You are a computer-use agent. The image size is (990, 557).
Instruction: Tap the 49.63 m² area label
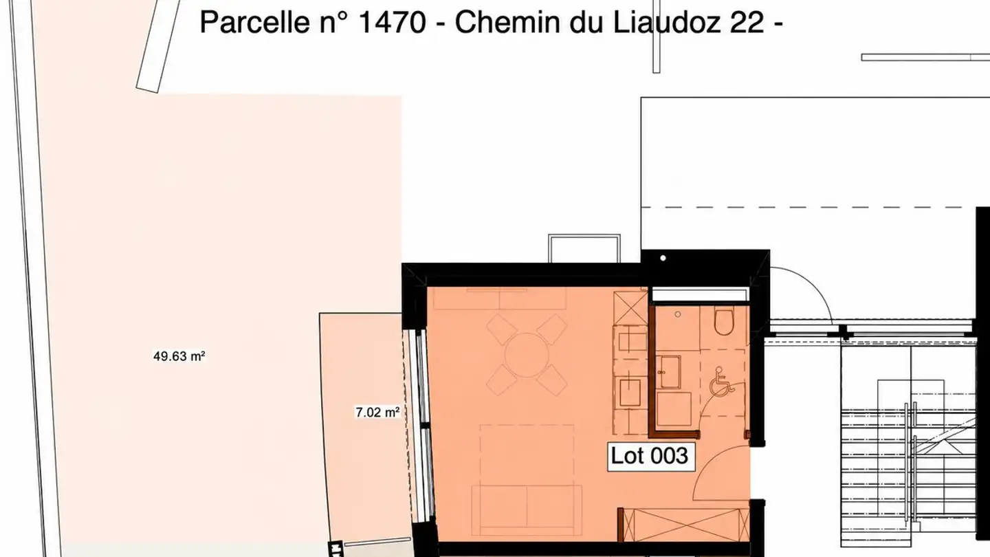(179, 356)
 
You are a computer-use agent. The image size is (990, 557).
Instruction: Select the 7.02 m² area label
(377, 413)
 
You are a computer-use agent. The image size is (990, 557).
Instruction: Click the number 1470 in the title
(392, 23)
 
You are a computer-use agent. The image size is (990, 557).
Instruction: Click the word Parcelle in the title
(254, 23)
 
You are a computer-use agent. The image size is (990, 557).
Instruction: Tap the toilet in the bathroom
(724, 321)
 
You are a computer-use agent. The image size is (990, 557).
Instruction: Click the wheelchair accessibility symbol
(722, 382)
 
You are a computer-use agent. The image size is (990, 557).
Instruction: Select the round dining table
(527, 355)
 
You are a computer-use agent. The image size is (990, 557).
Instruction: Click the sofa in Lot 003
(527, 510)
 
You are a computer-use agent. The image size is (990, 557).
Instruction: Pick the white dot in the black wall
(663, 258)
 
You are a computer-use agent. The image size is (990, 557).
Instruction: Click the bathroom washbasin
(668, 372)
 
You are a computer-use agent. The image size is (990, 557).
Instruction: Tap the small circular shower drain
(678, 314)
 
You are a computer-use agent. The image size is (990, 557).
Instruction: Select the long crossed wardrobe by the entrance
(683, 525)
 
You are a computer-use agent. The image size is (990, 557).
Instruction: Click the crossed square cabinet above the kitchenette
(630, 308)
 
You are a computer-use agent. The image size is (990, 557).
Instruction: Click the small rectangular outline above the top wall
(584, 248)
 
